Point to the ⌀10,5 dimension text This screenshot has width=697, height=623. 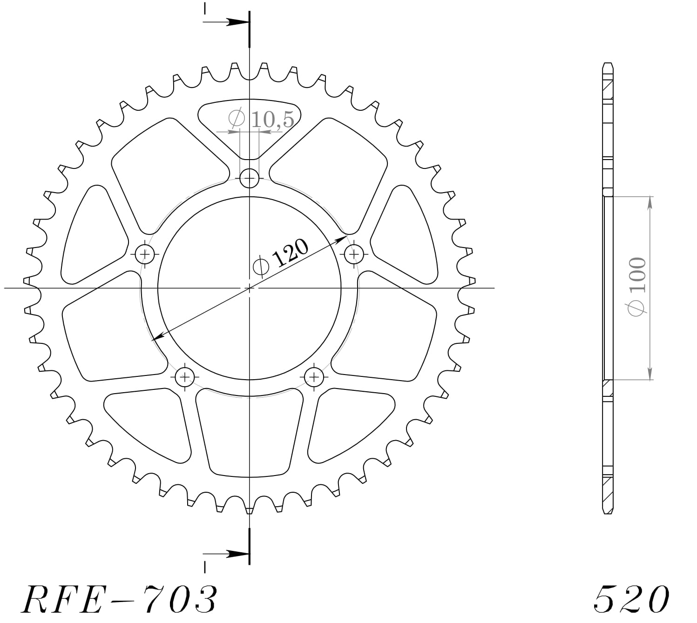[x=261, y=120]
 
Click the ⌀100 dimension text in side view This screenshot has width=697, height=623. [x=637, y=288]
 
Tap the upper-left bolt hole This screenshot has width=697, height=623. [x=145, y=254]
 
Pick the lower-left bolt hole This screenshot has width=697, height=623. [x=185, y=376]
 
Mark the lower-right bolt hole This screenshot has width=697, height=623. [x=314, y=376]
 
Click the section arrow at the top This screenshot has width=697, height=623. [x=235, y=22]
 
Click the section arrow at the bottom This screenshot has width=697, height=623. [x=235, y=554]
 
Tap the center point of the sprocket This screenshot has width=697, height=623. [x=250, y=288]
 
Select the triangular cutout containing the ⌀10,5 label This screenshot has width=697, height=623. [x=250, y=123]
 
